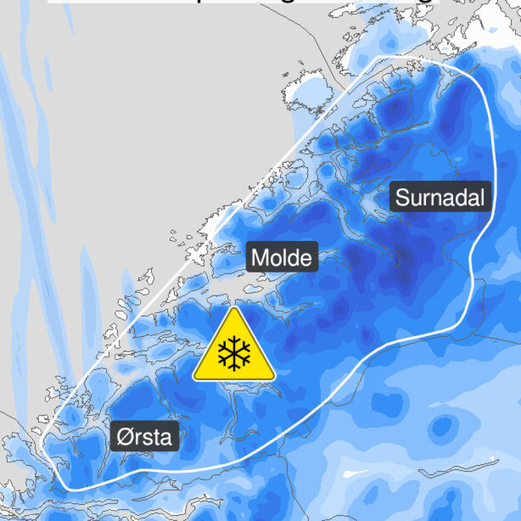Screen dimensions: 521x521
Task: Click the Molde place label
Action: click(x=282, y=257)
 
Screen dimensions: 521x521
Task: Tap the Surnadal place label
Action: click(x=440, y=197)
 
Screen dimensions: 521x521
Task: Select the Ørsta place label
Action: click(x=145, y=436)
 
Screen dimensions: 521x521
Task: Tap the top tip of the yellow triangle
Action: click(x=234, y=309)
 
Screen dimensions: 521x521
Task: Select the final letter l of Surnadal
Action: click(x=481, y=197)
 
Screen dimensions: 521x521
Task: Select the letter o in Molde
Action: click(x=276, y=259)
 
